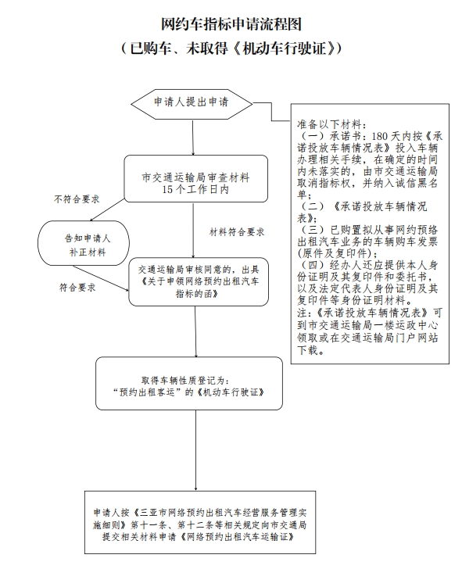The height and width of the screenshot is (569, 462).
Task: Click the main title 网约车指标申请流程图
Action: pyautogui.click(x=231, y=24)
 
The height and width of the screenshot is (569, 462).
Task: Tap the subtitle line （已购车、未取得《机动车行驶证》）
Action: pyautogui.click(x=231, y=48)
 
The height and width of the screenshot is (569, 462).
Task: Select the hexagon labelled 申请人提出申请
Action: pyautogui.click(x=192, y=104)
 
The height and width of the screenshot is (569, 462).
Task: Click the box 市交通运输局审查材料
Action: pyautogui.click(x=196, y=178)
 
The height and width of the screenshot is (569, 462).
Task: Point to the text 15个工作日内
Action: pyautogui.click(x=195, y=189)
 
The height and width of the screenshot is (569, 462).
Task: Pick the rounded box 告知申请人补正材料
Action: pyautogui.click(x=84, y=243)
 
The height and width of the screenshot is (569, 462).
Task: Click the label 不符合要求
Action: pyautogui.click(x=77, y=199)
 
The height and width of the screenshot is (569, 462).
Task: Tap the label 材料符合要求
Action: pyautogui.click(x=237, y=232)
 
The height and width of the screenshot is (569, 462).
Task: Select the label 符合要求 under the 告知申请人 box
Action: pyautogui.click(x=77, y=288)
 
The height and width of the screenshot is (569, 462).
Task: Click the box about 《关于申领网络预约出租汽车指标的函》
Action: pyautogui.click(x=199, y=282)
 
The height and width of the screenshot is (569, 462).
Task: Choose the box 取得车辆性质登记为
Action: pyautogui.click(x=189, y=383)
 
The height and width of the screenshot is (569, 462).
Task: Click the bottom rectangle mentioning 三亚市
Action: pyautogui.click(x=200, y=523)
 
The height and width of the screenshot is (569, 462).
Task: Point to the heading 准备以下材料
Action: pyautogui.click(x=330, y=124)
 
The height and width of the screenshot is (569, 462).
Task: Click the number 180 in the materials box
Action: pyautogui.click(x=380, y=137)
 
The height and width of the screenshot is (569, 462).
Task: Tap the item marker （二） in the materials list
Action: pyautogui.click(x=313, y=206)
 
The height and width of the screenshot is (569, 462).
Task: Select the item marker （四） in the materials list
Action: pyautogui.click(x=313, y=265)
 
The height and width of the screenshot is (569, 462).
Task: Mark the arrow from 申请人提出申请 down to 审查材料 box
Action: pyautogui.click(x=193, y=138)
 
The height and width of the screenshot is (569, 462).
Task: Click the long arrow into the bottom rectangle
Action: pyautogui.click(x=196, y=450)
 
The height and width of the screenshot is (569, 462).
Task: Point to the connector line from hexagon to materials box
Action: pyautogui.click(x=271, y=112)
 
